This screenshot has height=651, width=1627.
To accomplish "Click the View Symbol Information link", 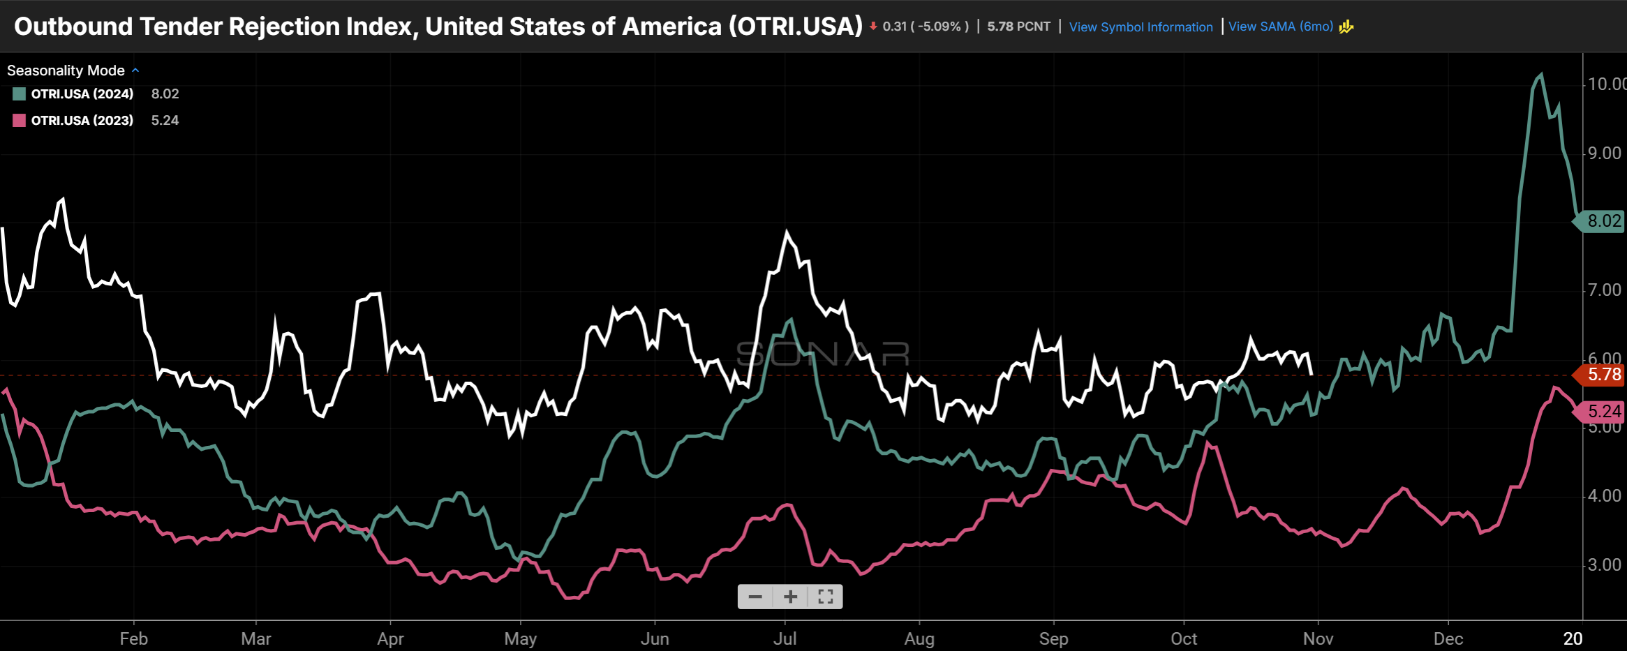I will (x=1141, y=27).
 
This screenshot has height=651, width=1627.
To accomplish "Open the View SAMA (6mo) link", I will (x=1281, y=27).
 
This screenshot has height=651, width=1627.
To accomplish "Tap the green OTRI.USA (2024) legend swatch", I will (x=20, y=94).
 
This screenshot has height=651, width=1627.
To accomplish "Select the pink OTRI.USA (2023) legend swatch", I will (x=20, y=121).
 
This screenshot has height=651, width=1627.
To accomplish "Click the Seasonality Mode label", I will (x=66, y=70).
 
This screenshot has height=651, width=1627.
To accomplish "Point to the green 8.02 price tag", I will (x=1603, y=221).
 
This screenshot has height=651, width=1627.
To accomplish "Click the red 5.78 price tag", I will (x=1603, y=375).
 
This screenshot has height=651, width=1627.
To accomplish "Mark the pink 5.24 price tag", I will (x=1603, y=412).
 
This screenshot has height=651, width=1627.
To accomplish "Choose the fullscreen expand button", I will (x=826, y=597).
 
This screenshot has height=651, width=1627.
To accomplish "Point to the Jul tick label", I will (x=785, y=638).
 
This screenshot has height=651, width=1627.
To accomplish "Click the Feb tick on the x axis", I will (x=133, y=638).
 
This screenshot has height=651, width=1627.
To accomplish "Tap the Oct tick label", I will (x=1184, y=638).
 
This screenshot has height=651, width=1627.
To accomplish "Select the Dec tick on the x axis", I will (x=1448, y=638).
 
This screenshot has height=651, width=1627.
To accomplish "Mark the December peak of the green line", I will (x=1541, y=74).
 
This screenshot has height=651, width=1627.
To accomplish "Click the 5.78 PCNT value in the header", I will (x=1018, y=27).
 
